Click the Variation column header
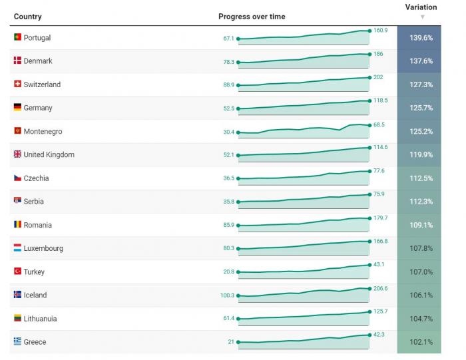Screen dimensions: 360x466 point(421,7)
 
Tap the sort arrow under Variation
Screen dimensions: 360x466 point(422,17)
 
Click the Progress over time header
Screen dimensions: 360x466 point(252,17)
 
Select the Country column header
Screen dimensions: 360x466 point(27,17)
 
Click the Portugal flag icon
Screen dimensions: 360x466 point(17,37)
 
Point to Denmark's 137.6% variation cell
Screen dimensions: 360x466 point(421,61)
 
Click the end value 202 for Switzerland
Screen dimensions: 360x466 point(378,77)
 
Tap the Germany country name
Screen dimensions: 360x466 point(37,108)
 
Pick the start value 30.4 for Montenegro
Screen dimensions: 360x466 point(228,132)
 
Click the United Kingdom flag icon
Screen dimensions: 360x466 point(17,154)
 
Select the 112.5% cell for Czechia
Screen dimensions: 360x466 point(421,178)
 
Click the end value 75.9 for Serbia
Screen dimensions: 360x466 point(379,194)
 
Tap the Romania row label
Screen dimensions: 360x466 point(37,225)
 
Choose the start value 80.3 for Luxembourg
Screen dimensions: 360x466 point(228,249)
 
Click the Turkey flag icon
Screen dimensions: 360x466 point(17,271)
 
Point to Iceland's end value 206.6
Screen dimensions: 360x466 point(380,288)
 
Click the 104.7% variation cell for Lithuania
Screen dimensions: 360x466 point(421,319)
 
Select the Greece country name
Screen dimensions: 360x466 point(35,342)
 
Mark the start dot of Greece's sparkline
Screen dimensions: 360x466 point(238,342)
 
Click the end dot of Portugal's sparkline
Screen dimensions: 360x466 point(369,31)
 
